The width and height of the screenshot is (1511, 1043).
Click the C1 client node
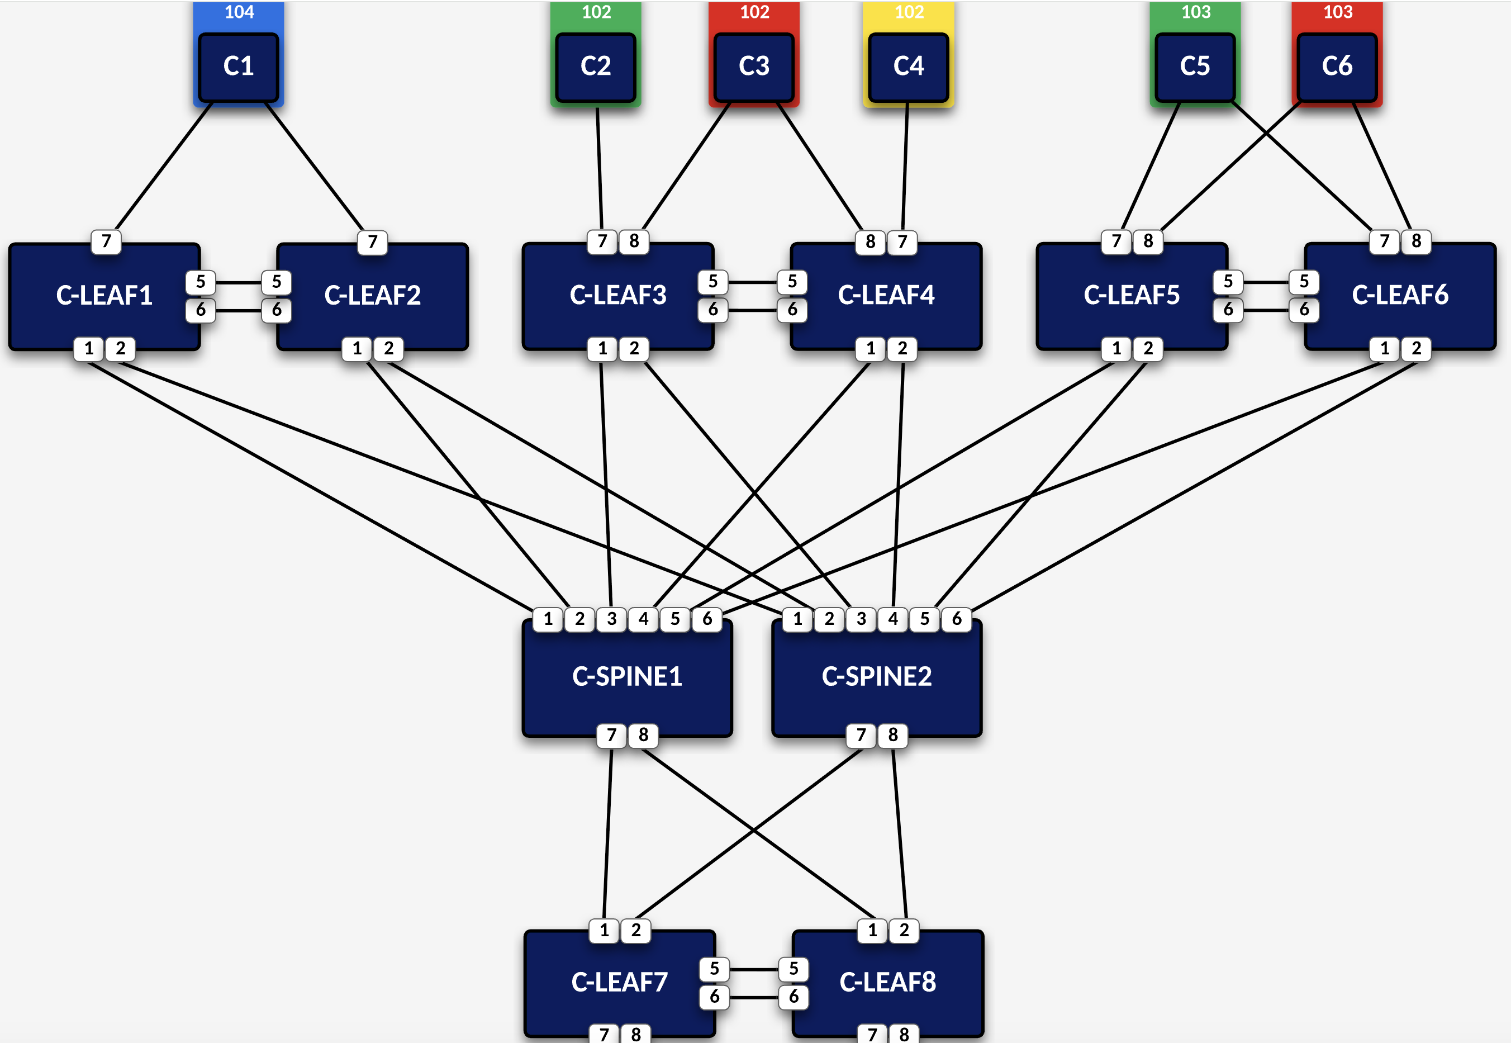coord(239,67)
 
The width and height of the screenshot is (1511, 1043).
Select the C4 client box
coord(908,67)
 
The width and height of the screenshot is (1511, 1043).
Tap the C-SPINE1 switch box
coord(627,677)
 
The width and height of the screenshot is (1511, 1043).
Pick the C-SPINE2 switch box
coord(877,677)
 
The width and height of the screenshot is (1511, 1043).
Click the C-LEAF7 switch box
coord(619,983)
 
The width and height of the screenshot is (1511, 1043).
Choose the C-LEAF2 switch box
coord(372,297)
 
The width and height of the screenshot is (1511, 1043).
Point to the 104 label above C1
coord(239,12)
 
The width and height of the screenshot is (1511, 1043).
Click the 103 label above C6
coord(1337,12)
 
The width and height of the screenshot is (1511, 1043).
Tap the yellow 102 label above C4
coord(909,12)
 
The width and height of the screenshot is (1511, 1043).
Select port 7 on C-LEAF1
coord(107,242)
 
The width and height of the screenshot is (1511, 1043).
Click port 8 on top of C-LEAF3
coord(634,242)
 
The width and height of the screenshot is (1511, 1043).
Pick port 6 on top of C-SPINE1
coord(707,619)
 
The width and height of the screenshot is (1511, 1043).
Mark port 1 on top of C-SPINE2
coord(797,619)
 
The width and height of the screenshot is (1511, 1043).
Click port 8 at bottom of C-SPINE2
coord(893,735)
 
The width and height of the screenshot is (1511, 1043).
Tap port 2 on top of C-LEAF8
coord(904,931)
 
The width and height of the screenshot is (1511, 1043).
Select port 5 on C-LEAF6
coord(1304,282)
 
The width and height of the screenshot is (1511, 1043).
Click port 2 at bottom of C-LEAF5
coord(1148,349)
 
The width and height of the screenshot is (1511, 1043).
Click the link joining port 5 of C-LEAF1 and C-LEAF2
coord(239,282)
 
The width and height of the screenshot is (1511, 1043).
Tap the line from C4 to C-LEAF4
coord(905,169)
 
